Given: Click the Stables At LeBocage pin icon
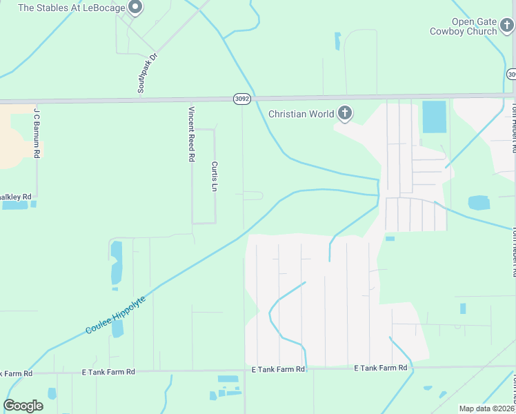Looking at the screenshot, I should (136, 8).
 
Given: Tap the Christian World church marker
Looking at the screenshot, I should (344, 114).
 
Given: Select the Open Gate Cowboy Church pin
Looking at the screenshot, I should (507, 26).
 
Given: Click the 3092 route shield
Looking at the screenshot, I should (241, 99).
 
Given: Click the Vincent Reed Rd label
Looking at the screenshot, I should (191, 134).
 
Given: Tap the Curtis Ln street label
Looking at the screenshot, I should (215, 177).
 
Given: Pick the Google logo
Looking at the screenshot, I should (23, 406).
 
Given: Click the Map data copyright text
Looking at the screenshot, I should (486, 408).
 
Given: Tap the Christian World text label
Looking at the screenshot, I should (301, 114).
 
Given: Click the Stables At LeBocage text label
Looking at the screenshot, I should (71, 8).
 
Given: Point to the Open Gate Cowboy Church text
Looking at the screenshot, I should (463, 26).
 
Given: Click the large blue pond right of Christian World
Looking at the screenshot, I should (434, 117).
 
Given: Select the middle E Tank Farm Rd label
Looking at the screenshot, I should (278, 370).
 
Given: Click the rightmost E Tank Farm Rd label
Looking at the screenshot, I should (380, 368).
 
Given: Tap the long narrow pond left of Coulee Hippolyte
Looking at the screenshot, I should (116, 264).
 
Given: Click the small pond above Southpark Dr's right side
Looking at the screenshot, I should (337, 41).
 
